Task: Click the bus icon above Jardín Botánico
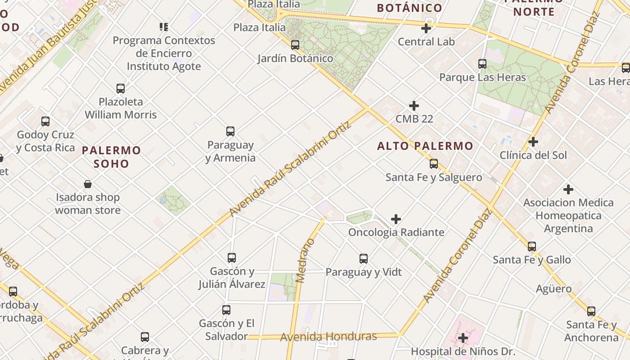pyautogui.click(x=295, y=45)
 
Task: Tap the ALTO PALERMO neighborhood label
pyautogui.click(x=425, y=146)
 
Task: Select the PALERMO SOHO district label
pyautogui.click(x=112, y=157)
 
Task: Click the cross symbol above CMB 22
pyautogui.click(x=414, y=106)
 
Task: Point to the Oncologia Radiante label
pyautogui.click(x=396, y=232)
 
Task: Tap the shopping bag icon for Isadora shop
pyautogui.click(x=88, y=184)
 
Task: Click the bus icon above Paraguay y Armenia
pyautogui.click(x=230, y=131)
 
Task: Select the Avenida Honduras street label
pyautogui.click(x=328, y=337)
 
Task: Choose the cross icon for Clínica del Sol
pyautogui.click(x=533, y=142)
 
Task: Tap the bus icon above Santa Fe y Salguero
pyautogui.click(x=434, y=164)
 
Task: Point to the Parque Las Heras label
pyautogui.click(x=482, y=77)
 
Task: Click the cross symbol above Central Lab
pyautogui.click(x=426, y=28)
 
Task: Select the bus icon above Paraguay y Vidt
pyautogui.click(x=364, y=259)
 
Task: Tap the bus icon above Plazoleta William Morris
pyautogui.click(x=121, y=88)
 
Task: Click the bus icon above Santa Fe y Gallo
pyautogui.click(x=532, y=247)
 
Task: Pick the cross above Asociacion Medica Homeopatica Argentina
pyautogui.click(x=568, y=189)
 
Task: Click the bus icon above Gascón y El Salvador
pyautogui.click(x=226, y=310)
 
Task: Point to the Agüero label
pyautogui.click(x=553, y=288)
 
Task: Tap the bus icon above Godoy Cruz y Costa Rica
pyautogui.click(x=45, y=121)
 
